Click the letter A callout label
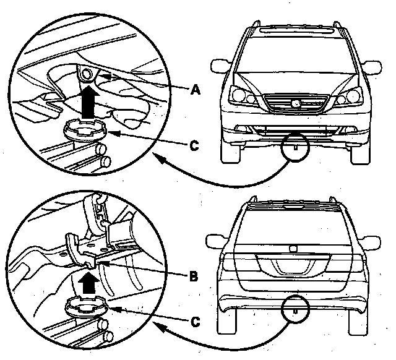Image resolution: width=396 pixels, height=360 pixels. coord(196,89)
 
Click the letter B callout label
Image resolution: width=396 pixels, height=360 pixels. coord(194,276)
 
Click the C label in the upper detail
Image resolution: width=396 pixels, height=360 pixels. coord(194,145)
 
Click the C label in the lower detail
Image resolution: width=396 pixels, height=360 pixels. coord(194,322)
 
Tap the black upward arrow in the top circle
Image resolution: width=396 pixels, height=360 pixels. coord(88,101)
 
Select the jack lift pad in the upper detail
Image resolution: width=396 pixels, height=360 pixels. coord(85,129)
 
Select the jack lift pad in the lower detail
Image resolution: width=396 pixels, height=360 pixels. coord(87,306)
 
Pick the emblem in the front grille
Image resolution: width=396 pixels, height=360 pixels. coord(296,103)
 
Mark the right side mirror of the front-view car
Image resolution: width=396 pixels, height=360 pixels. coord(372,67)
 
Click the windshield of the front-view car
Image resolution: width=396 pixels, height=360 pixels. coord(296,55)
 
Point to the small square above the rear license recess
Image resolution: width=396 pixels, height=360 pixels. coord(293,249)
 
